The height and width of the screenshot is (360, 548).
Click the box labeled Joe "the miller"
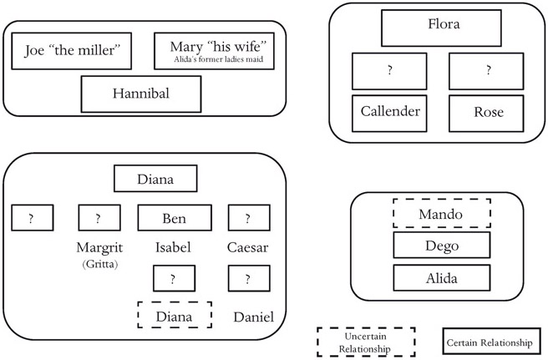72,53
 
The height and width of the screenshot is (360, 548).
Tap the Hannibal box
140,94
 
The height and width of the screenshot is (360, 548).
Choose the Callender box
390,113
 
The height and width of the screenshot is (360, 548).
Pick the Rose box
488,113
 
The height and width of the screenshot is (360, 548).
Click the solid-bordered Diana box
155,179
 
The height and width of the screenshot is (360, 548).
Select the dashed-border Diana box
175,317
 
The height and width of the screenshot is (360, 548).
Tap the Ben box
175,219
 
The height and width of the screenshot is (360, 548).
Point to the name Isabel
175,247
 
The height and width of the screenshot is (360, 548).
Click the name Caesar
248,247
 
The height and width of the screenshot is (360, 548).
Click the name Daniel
253,317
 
